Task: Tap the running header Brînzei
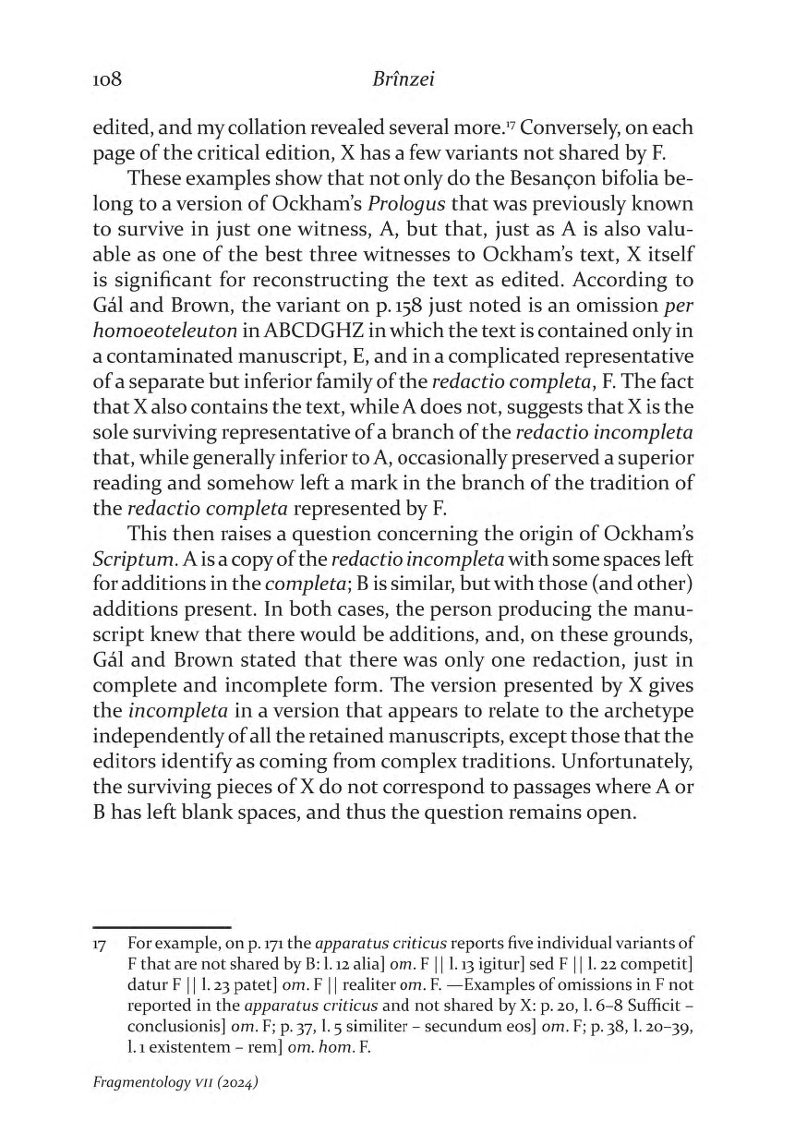[403, 80]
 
